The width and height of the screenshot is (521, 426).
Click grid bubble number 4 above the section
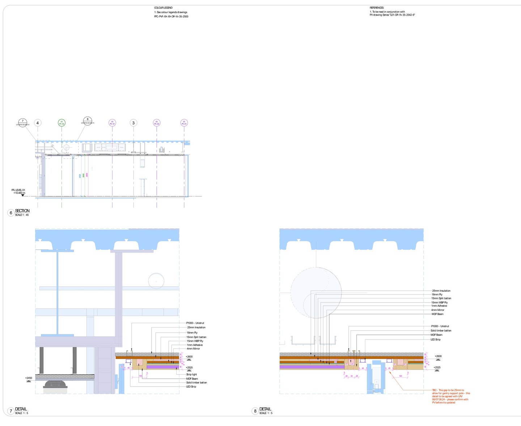(x=38, y=123)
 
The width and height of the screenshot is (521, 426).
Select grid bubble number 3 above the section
(x=134, y=123)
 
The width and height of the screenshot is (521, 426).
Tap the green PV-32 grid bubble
(x=62, y=123)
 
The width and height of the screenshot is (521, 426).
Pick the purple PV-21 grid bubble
(x=184, y=123)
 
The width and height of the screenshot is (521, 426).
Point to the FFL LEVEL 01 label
(x=18, y=190)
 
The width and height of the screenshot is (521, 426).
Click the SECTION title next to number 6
(x=22, y=211)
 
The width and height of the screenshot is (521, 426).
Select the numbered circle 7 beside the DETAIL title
(x=11, y=411)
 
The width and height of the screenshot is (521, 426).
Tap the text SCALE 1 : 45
(x=22, y=215)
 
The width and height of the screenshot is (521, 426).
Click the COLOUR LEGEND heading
(x=163, y=8)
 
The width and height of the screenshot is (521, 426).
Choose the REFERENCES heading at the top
(x=377, y=8)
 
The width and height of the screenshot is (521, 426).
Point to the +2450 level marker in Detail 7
(x=29, y=378)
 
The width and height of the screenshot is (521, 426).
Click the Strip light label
(x=192, y=375)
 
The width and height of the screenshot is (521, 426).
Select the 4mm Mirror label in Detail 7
(x=193, y=349)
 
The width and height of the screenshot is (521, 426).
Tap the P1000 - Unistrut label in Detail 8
(x=440, y=326)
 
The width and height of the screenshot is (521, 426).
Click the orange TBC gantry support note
(x=451, y=396)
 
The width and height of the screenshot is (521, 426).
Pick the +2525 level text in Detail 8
(x=437, y=367)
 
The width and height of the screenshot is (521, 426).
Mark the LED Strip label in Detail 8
(x=436, y=339)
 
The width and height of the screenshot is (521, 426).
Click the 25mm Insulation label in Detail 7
(x=196, y=328)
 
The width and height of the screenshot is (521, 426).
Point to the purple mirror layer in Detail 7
(x=163, y=367)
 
